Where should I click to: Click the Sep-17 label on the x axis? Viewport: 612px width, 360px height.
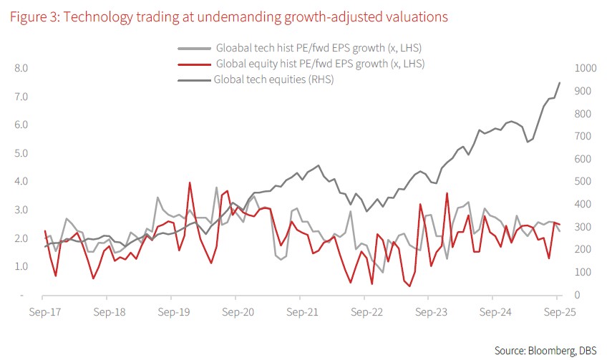tap(43, 313)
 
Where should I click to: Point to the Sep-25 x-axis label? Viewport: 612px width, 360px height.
tap(558, 313)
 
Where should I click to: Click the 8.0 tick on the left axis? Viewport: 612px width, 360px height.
tap(22, 69)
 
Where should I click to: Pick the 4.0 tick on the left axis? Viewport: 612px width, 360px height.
tap(22, 182)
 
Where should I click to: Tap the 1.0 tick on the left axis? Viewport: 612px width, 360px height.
tap(22, 267)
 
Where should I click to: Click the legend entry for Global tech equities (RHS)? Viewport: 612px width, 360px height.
tap(274, 79)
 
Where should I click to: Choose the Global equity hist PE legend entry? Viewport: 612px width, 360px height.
tap(320, 64)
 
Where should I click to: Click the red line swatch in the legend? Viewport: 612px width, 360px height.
tap(195, 64)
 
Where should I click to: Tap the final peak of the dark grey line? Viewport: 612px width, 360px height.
tap(559, 83)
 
